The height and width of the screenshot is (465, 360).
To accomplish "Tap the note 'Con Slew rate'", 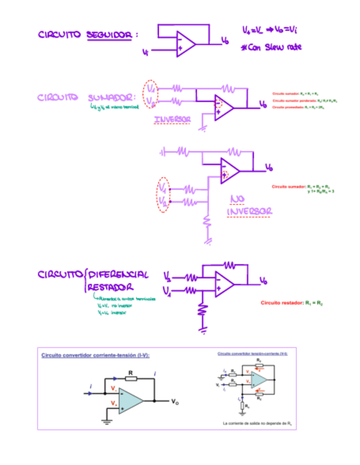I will point(271,48).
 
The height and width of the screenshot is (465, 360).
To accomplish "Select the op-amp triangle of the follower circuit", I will point(184,43).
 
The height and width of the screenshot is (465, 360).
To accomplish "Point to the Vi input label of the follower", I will point(145,53).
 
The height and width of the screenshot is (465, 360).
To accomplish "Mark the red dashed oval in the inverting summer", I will point(150,94).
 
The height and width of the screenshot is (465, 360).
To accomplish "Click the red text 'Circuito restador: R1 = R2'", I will point(291,303).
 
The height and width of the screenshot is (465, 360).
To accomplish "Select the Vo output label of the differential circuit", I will point(264,281).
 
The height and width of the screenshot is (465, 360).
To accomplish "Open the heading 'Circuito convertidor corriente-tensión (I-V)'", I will point(95,355).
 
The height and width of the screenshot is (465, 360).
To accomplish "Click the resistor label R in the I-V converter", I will point(131,372).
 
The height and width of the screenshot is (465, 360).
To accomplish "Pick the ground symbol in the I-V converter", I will point(106,422).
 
